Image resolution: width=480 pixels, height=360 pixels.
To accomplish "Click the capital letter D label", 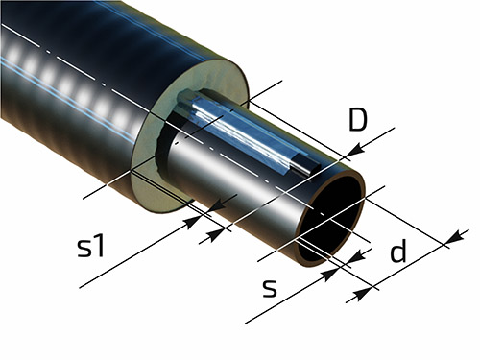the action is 357,120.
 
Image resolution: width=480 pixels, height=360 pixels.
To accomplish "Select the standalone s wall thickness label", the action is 270,288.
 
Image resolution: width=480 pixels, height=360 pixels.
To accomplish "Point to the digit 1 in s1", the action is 99,246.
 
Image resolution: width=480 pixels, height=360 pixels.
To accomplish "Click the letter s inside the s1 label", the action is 84,249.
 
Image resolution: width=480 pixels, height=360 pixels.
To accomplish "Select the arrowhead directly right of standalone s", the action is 330,276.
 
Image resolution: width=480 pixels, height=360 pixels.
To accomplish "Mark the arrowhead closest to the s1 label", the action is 193,222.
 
